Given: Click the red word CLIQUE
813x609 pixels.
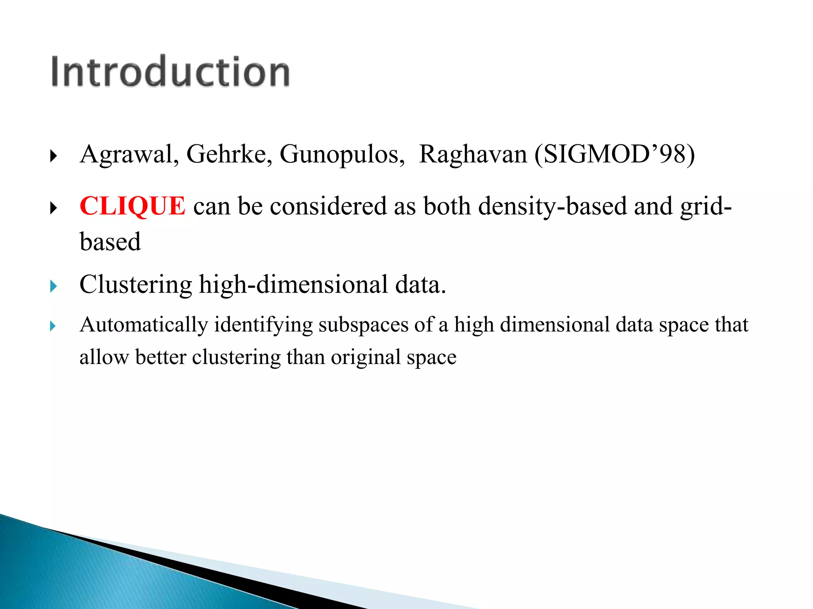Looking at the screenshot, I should (x=132, y=206).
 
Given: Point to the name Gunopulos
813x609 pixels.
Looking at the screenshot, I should (x=341, y=155).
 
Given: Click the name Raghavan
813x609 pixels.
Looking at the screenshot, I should (x=472, y=155).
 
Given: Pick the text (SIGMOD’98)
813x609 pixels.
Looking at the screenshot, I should (x=614, y=155).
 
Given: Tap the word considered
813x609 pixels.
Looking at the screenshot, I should (x=328, y=206).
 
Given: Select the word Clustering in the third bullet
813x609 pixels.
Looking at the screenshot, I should (x=136, y=285).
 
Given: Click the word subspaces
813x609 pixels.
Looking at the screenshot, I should (x=363, y=325).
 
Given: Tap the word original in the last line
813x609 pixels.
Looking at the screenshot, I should (x=365, y=357).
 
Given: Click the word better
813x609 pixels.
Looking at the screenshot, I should (x=160, y=357).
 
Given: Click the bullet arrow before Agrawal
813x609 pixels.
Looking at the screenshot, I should (x=54, y=156).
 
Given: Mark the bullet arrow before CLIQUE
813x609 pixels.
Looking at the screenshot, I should (x=54, y=208).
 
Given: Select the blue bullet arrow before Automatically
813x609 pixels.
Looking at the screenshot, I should (x=53, y=326).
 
